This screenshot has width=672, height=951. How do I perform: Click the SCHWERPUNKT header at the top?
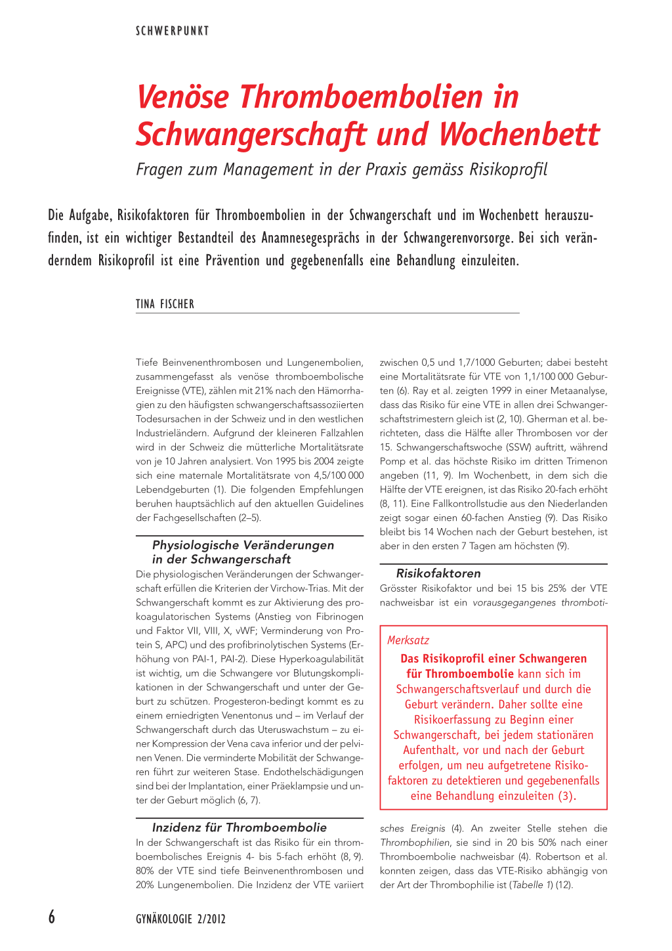172,31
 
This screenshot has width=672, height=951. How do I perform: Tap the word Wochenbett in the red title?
519,134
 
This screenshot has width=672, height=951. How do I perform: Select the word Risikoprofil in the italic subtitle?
508,169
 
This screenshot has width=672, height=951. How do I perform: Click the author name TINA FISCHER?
165,304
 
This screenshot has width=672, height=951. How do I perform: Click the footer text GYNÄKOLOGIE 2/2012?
180,919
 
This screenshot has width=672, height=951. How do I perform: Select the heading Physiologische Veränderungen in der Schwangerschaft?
243,552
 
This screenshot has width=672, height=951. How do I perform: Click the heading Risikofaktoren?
438,573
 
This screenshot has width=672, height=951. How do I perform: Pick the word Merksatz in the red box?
408,640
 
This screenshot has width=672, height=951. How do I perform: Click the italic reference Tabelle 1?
528,885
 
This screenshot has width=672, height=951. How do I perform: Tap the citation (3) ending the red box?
566,796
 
